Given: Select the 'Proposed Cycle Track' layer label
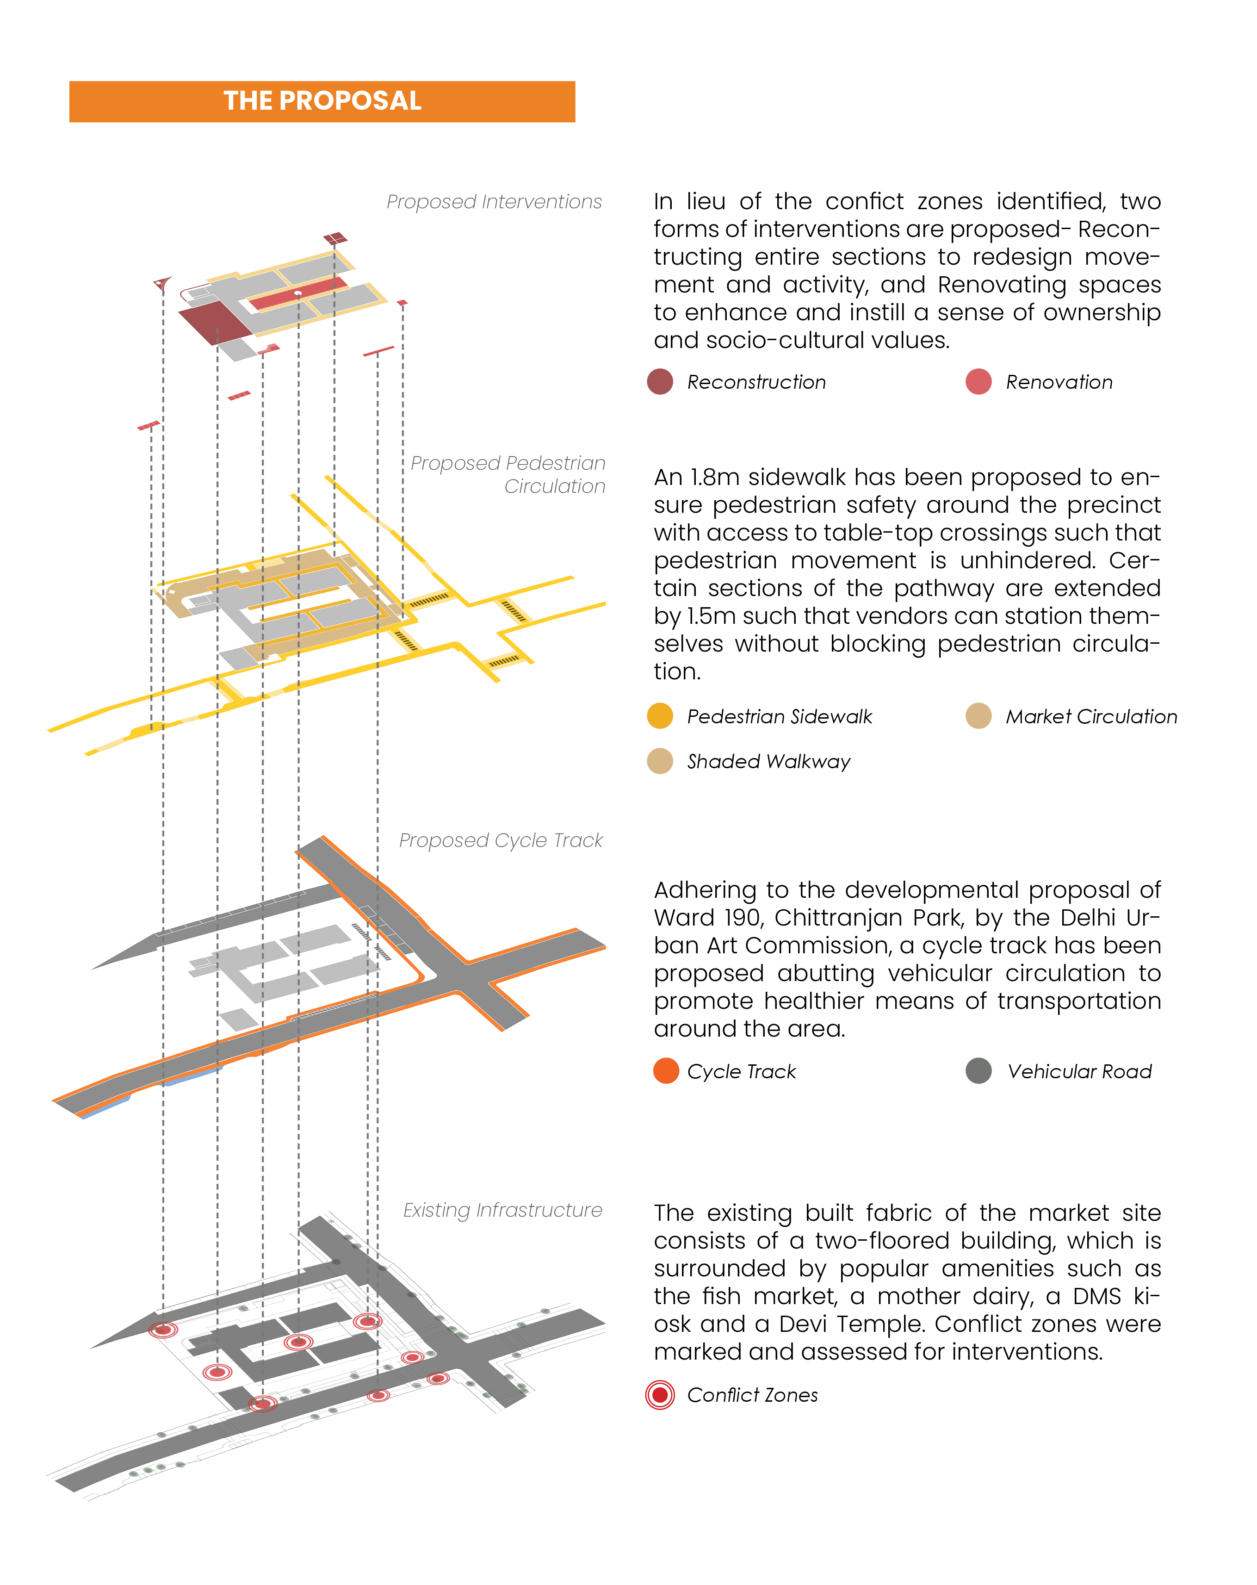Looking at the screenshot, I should [501, 840].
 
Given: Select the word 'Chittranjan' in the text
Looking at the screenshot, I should [834, 918].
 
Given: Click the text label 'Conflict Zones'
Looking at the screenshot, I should [752, 1395].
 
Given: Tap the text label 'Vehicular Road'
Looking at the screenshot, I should [1079, 1071].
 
